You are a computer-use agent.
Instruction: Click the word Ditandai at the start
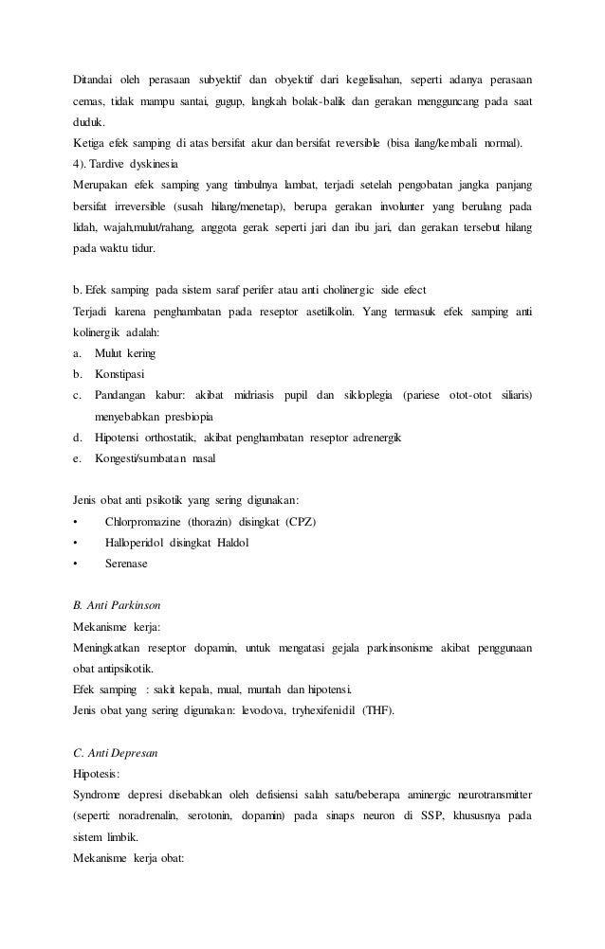coord(95,79)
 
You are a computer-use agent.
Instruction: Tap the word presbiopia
coord(184,417)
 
